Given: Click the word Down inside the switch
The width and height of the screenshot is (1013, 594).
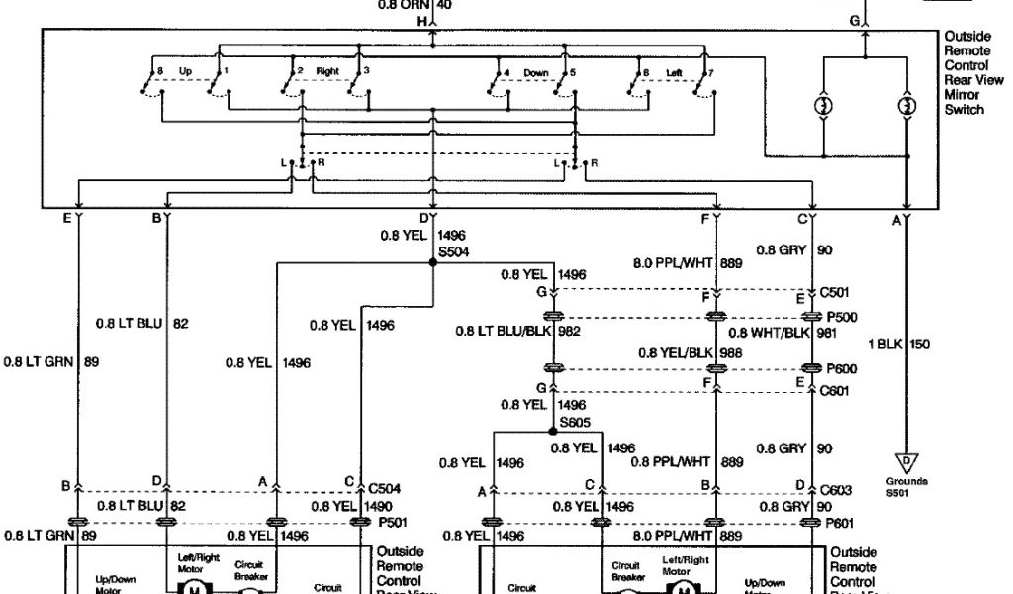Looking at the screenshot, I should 534,72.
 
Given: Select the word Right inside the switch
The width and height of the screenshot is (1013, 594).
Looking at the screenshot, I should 327,72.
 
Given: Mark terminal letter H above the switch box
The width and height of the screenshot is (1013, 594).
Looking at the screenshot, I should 422,21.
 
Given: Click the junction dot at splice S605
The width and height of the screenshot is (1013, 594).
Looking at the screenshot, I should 552,432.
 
